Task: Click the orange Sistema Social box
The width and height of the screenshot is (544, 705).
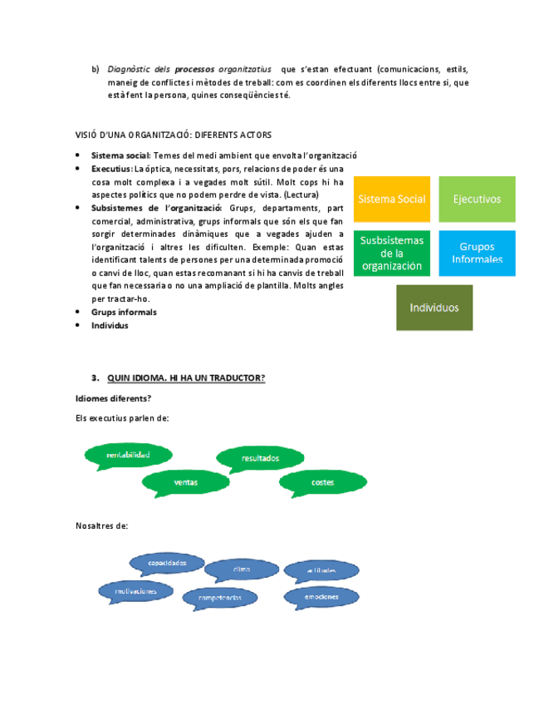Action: pos(392,200)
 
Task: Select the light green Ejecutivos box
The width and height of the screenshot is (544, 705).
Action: pos(477,200)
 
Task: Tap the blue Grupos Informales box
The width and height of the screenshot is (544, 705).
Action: pos(477,253)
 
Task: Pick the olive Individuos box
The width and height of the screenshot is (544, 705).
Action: pos(434,308)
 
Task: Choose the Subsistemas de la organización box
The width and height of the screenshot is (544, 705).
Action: pos(392,253)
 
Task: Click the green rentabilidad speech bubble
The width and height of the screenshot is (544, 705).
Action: pos(128,455)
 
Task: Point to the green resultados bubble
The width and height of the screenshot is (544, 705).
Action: pos(261,458)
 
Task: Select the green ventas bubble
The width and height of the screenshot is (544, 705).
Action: pos(186,481)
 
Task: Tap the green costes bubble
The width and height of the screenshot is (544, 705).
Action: pos(322,481)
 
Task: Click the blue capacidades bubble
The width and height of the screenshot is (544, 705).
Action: pos(167,564)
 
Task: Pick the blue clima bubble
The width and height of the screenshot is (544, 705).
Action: pos(242,569)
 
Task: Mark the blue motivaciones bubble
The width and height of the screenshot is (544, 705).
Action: pos(136,591)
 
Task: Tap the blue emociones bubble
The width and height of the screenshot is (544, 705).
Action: pos(321,596)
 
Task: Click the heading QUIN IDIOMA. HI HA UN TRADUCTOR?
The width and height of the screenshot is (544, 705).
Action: pos(186,377)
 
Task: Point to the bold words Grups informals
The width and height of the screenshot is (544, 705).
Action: pos(124,313)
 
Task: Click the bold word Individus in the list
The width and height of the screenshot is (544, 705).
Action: pos(110,326)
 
